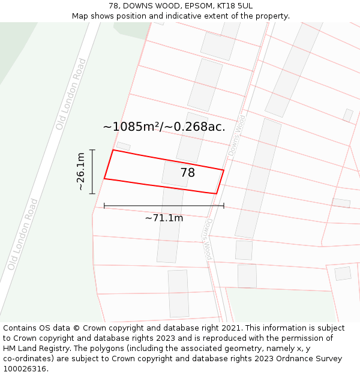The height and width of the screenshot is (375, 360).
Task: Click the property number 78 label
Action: pos(187,173)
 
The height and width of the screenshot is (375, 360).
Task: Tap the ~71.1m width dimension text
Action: pos(164,218)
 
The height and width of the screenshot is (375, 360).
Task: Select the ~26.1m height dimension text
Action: pos(80,172)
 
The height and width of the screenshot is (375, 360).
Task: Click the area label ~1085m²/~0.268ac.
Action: pos(164,127)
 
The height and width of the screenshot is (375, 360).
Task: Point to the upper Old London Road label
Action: pos(71,103)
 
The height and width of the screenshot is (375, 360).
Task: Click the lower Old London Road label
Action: pos(23,233)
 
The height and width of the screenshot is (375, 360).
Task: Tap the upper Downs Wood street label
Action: pos(236,136)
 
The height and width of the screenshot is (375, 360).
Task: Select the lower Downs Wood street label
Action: pos(207,238)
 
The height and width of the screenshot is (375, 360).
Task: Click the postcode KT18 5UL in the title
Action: pos(231,5)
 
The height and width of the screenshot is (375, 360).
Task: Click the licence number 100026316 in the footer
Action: pos(25,369)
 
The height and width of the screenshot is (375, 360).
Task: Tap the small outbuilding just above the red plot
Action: pos(123,146)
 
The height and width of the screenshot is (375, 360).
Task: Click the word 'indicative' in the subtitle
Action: pos(190,16)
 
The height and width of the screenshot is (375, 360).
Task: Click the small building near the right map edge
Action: pos(348,115)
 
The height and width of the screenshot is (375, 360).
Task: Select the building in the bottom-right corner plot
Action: pos(343,274)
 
